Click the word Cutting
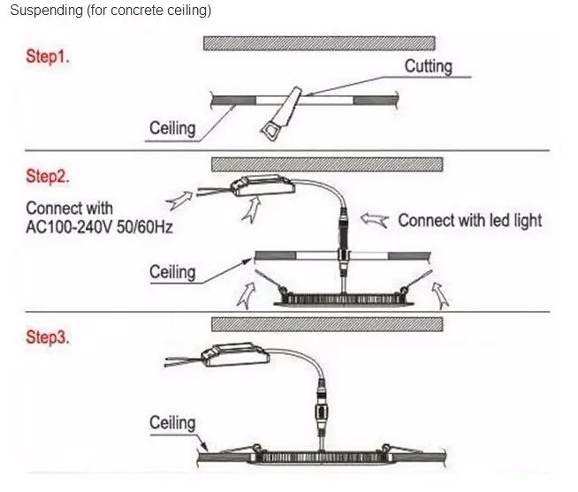point(428,66)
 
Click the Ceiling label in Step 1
point(172,128)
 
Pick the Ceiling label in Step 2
point(172,271)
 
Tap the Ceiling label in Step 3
point(172,422)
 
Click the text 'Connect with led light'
point(469,220)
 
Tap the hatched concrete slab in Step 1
point(318,42)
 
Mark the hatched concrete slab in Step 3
point(327,323)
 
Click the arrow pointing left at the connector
point(378,220)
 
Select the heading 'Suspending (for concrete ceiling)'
point(110,11)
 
